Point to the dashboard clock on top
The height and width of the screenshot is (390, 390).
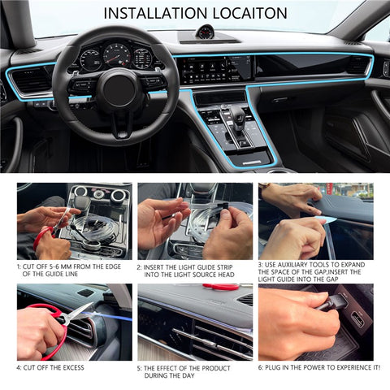[205, 32]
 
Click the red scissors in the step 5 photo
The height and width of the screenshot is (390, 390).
[220, 287]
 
